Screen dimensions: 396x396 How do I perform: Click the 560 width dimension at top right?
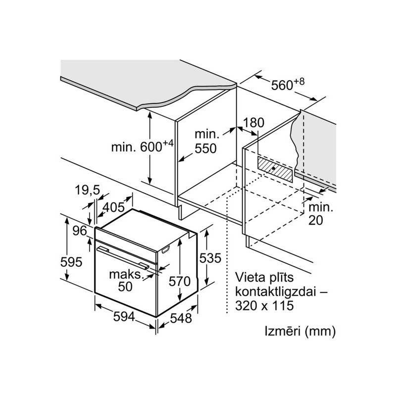[287, 85]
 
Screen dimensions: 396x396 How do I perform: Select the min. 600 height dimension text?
[142, 147]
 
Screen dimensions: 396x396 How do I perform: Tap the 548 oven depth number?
[178, 318]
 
